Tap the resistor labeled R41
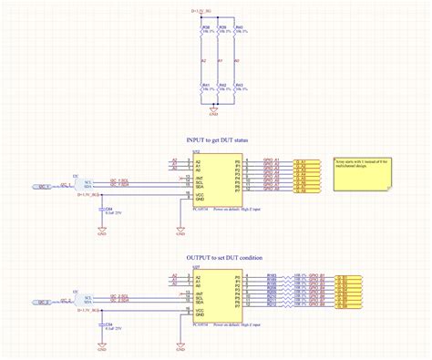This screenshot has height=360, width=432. point(203,89)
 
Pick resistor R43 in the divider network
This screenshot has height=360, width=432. point(236,89)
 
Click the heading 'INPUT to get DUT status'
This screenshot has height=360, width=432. point(216,140)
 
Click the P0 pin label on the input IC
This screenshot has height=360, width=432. point(237,159)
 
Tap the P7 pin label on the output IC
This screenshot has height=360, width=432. point(237,310)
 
